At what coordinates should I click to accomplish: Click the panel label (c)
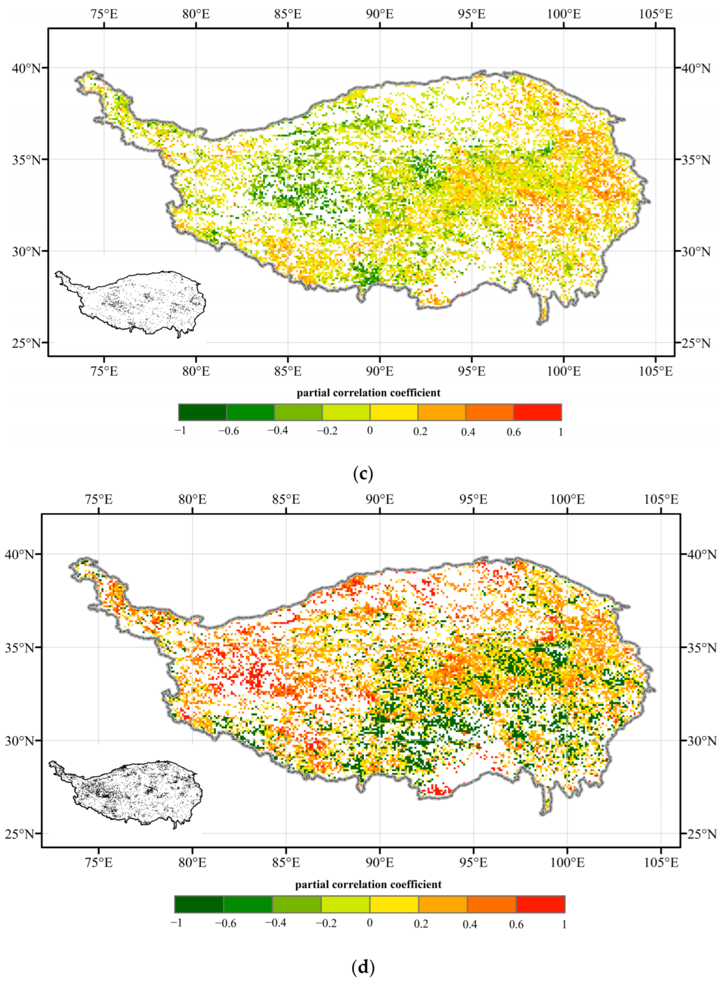pos(362,474)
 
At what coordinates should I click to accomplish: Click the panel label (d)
pos(362,967)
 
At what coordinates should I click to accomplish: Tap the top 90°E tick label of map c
pos(379,14)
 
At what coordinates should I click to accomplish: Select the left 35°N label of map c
pos(27,160)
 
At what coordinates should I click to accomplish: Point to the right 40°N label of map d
pos(701,555)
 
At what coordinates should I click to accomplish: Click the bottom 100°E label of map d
pos(567,862)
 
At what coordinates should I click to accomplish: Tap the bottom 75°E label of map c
pos(104,371)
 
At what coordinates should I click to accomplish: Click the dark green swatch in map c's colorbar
pos(202,412)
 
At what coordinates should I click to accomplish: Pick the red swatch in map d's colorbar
pos(540,904)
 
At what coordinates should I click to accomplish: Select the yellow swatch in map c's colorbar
pos(394,412)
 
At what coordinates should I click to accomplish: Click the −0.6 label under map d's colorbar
pos(225,923)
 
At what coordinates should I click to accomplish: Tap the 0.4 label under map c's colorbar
pos(468,432)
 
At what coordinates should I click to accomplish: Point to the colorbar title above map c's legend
pos(368,393)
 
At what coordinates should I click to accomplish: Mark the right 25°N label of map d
pos(701,834)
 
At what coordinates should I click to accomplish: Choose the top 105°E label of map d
pos(661,499)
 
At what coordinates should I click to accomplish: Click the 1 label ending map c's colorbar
pos(560,432)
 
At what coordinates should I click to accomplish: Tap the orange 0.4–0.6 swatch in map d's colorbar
pos(491,904)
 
